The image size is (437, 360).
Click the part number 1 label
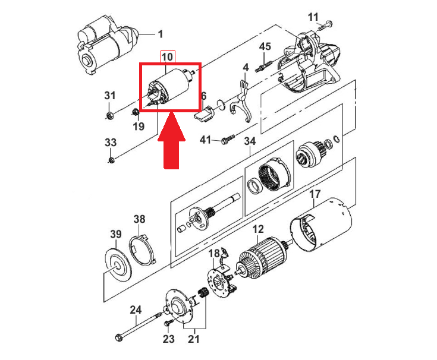pos(160,34)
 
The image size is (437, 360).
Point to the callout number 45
pos(265,47)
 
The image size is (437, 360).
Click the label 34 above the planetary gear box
pos(250,141)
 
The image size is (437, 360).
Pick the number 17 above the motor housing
pos(315,194)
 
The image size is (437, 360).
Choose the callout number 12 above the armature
pos(257,229)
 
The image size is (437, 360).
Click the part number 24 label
pos(136,310)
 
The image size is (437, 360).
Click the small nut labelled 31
pos(109,114)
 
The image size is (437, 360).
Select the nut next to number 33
pos(111,159)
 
